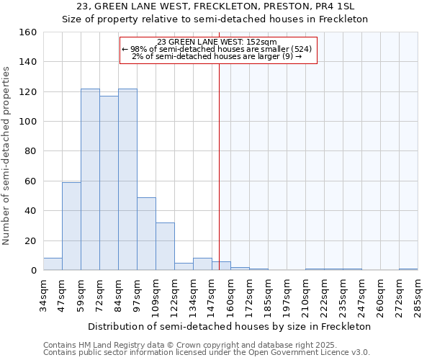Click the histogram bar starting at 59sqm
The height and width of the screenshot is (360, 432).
coord(90,179)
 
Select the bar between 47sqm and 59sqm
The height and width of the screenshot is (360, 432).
coord(71,226)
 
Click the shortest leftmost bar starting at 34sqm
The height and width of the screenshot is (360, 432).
coord(53,264)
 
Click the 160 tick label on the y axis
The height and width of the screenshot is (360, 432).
coord(28,32)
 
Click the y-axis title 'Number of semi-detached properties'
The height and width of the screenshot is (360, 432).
coord(7,151)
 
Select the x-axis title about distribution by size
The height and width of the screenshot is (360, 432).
coord(229,326)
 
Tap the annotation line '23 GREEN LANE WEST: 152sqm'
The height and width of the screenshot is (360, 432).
coord(217,42)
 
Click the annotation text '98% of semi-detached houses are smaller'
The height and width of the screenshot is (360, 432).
coord(217,49)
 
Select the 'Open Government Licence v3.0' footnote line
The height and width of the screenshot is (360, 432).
coord(207,352)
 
